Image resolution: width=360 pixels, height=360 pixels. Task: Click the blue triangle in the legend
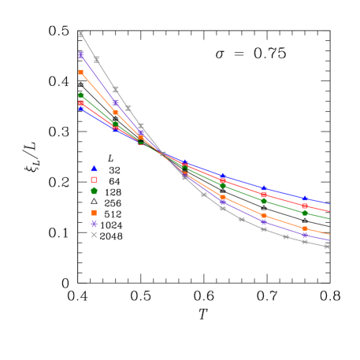94,168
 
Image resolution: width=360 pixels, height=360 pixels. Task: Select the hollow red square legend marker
94,180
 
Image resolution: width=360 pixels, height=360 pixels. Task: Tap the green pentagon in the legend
94,191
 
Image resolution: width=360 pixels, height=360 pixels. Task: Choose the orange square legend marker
94,213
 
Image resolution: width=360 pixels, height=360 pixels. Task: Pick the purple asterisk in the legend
94,224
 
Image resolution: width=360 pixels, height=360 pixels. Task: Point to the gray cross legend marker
94,235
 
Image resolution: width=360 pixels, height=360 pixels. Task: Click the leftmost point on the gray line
80,34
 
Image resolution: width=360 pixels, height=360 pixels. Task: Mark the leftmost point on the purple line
81,54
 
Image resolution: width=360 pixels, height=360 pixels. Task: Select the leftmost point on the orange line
81,72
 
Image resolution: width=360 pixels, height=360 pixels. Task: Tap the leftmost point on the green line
81,95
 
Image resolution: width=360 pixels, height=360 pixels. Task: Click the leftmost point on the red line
81,103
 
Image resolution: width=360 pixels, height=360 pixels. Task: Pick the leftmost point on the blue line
81,109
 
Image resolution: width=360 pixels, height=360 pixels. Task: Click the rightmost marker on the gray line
327,247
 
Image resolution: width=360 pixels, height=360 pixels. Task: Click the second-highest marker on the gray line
97,59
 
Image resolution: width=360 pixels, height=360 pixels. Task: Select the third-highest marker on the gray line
115,89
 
